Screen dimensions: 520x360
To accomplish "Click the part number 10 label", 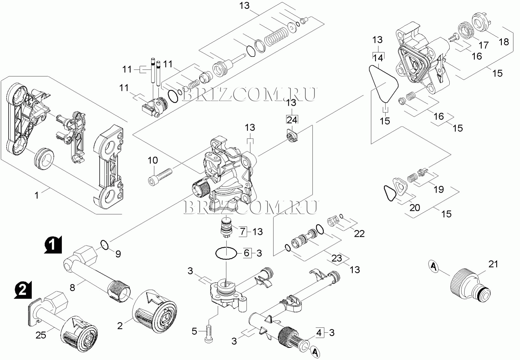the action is click(153, 160).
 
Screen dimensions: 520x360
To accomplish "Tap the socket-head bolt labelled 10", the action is click(160, 176).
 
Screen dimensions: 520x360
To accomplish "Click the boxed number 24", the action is click(292, 120).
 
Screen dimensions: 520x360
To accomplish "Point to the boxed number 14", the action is click(378, 58).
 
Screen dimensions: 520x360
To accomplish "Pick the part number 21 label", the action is click(493, 264).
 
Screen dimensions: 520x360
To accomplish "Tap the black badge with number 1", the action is click(53, 245).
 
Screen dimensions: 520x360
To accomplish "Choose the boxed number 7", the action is click(242, 231).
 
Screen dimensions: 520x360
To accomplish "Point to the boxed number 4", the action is click(319, 333).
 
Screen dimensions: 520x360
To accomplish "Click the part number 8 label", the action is click(72, 288).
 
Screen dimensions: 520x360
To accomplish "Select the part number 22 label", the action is click(359, 233).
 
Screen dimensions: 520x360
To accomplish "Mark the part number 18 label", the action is click(504, 42).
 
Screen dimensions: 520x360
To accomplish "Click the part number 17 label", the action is click(483, 45).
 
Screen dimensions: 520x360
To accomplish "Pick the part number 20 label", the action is click(414, 207).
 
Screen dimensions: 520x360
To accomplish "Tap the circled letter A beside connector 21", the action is click(434, 267).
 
